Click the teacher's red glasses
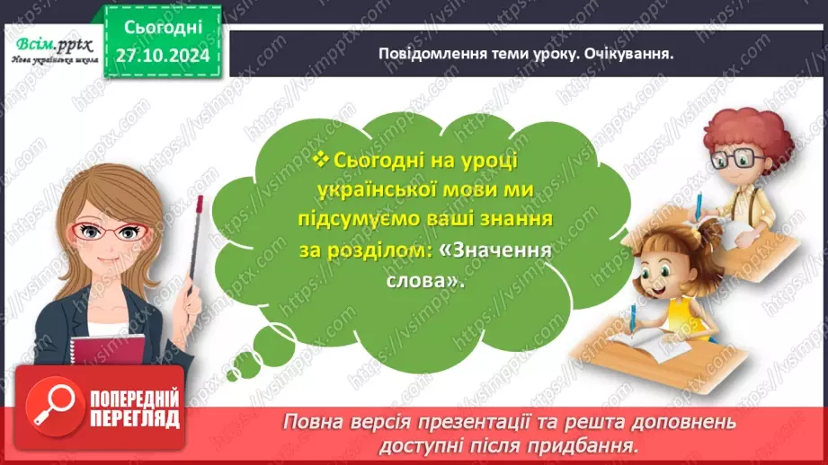coord(107,232)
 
